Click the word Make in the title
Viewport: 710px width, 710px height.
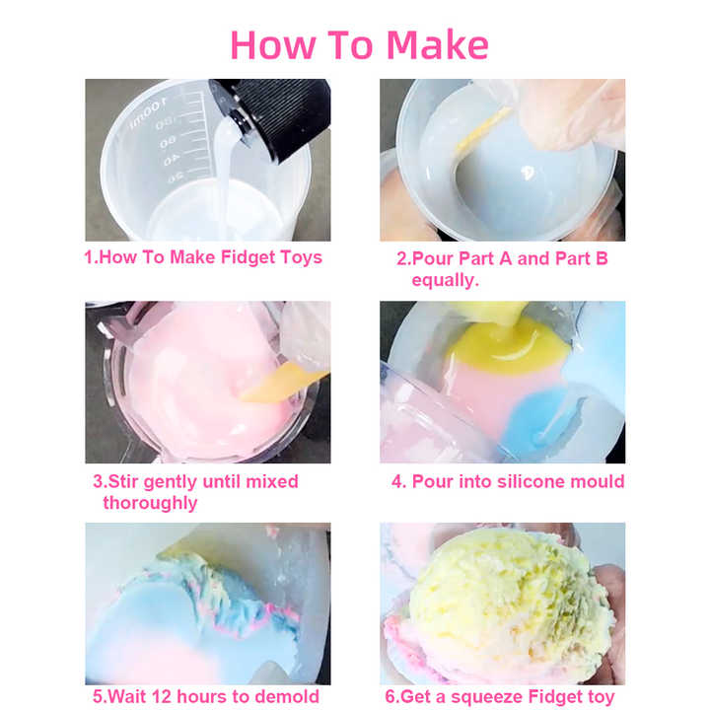pyautogui.click(x=438, y=44)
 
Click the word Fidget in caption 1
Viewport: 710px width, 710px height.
pyautogui.click(x=248, y=257)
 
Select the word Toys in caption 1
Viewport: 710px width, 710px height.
pyautogui.click(x=301, y=257)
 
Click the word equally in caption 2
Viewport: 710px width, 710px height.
pyautogui.click(x=445, y=280)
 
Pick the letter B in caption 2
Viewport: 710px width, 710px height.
pyautogui.click(x=602, y=258)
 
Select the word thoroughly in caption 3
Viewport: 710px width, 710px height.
pyautogui.click(x=150, y=503)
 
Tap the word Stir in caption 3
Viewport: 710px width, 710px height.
pyautogui.click(x=122, y=482)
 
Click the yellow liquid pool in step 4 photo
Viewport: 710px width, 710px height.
pyautogui.click(x=506, y=344)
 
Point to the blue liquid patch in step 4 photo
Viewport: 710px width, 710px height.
pyautogui.click(x=538, y=413)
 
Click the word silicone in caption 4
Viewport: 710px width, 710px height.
pyautogui.click(x=512, y=481)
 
